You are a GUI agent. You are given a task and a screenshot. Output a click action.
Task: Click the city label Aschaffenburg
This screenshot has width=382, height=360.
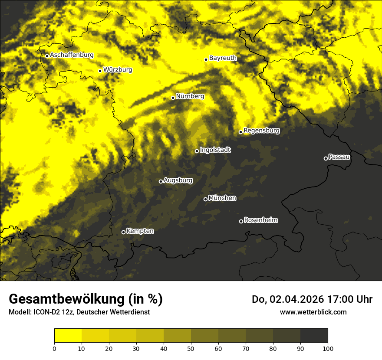(x=72, y=55)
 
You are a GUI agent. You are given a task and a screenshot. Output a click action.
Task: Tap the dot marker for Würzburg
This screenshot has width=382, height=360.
(x=100, y=71)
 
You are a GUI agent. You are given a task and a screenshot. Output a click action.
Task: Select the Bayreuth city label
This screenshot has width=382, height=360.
(x=223, y=58)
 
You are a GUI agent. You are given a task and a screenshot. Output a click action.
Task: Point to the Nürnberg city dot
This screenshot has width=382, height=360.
(x=173, y=98)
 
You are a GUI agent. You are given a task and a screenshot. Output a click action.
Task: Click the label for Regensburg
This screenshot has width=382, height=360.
(x=261, y=130)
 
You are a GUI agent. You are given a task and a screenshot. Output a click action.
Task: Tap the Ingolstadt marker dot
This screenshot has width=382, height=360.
(x=197, y=151)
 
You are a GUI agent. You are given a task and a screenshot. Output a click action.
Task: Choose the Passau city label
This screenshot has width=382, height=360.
(x=339, y=157)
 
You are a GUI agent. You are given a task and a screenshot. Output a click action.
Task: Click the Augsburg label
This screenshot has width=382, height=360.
(x=178, y=180)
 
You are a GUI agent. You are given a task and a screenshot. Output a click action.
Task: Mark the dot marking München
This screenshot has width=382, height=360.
(x=205, y=199)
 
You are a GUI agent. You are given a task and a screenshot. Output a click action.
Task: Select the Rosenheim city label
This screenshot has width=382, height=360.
(x=260, y=220)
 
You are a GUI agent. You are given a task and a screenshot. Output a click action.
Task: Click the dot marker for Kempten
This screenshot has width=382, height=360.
(x=123, y=232)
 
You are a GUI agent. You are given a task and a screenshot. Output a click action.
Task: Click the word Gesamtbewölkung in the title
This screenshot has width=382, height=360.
(x=66, y=299)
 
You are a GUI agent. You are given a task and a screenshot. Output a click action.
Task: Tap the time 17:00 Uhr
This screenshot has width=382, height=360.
(x=352, y=299)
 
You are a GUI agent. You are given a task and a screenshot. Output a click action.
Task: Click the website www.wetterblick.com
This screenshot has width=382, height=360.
(x=313, y=312)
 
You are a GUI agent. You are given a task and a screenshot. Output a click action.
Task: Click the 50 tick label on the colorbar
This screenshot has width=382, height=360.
(x=191, y=348)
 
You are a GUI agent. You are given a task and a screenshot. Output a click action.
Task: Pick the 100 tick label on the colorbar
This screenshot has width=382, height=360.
(x=327, y=348)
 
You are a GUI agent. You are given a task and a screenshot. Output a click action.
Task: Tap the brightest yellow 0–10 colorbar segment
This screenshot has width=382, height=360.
(x=68, y=336)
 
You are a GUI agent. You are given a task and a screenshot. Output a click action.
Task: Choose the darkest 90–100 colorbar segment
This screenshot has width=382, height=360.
(x=314, y=336)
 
